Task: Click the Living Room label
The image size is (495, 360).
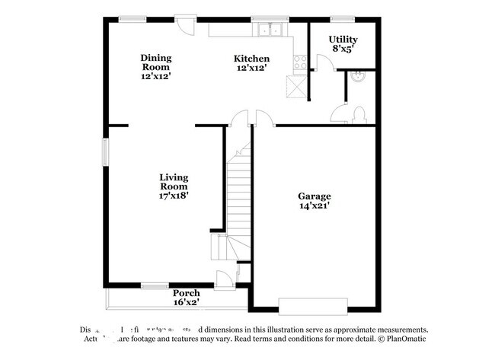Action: [174, 182]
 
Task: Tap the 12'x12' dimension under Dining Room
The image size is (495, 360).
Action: [155, 76]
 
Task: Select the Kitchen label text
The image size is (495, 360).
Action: [251, 59]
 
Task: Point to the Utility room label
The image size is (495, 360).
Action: [343, 39]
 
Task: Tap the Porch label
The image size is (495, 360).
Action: [186, 293]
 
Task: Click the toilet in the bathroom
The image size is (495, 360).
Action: [359, 115]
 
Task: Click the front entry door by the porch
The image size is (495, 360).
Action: [224, 279]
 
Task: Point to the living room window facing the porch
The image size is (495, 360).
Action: [155, 286]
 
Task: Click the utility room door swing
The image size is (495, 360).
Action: [321, 65]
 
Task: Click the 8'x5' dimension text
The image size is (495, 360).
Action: [343, 49]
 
